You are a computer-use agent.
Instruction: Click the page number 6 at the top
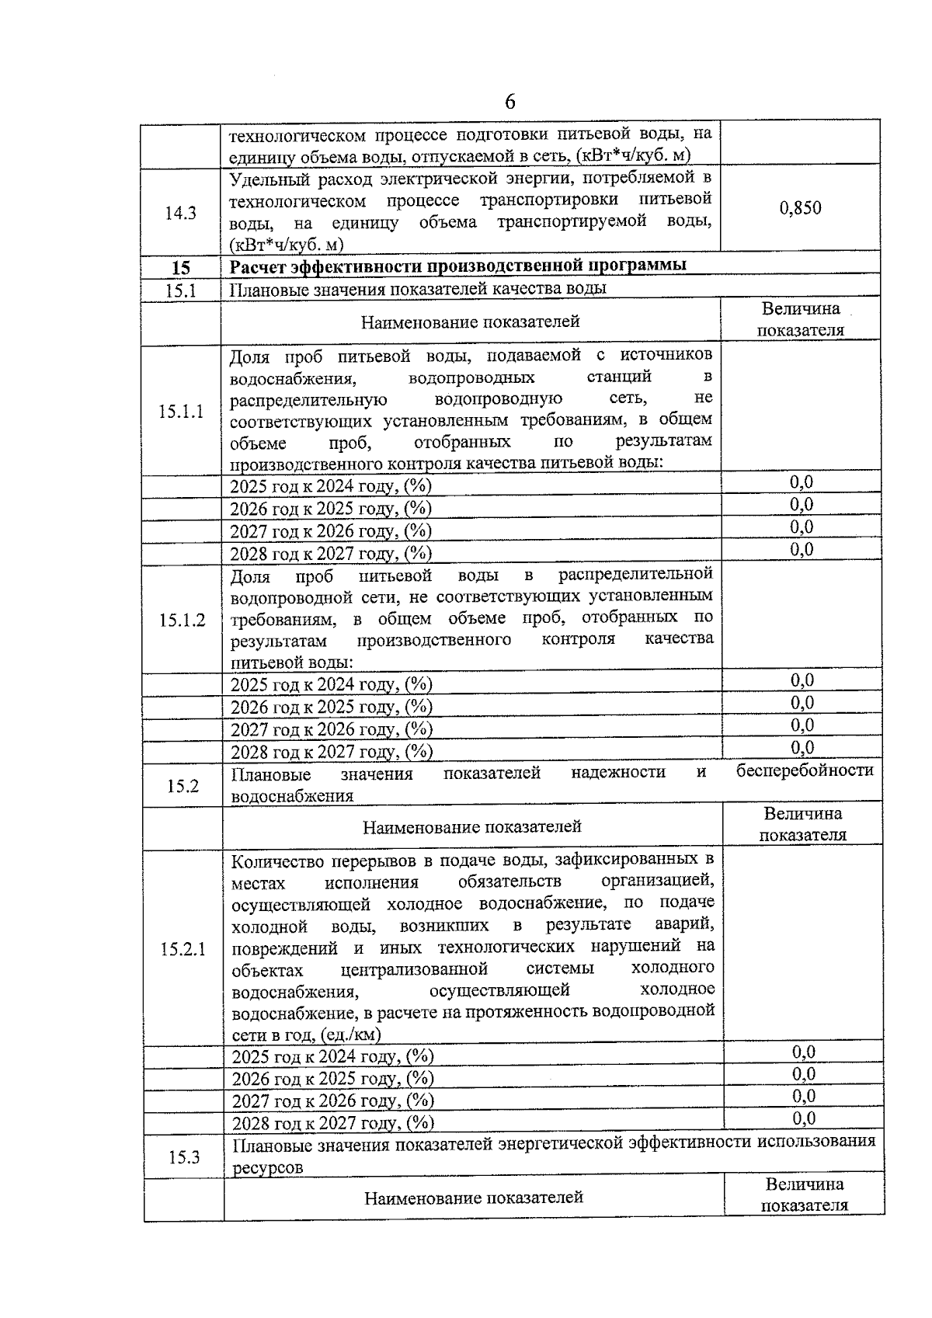tap(509, 102)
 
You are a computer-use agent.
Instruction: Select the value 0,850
tap(800, 208)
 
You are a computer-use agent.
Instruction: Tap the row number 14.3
tap(180, 214)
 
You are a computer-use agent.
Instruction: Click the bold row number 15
tap(180, 268)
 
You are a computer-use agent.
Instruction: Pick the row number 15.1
tap(180, 290)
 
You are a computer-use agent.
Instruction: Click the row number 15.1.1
tap(181, 412)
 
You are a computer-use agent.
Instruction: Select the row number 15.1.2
tap(183, 620)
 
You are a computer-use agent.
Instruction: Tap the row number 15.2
tap(183, 786)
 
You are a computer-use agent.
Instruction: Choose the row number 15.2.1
tap(183, 949)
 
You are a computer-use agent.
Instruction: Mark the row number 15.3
tap(184, 1157)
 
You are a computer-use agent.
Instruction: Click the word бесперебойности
tap(805, 770)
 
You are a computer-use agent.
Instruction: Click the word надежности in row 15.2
tap(618, 772)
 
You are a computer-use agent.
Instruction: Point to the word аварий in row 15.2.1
tap(684, 925)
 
